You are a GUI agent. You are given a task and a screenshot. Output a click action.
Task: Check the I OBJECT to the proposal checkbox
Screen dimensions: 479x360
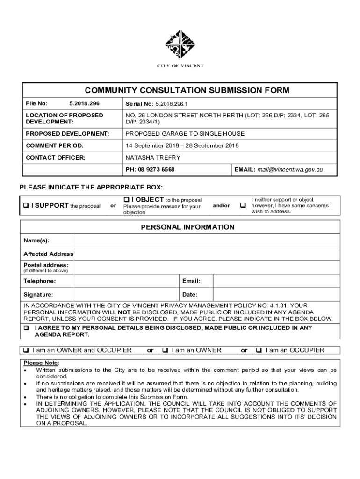[127, 200]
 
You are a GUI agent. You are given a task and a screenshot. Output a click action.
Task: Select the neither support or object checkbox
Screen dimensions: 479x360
[243, 206]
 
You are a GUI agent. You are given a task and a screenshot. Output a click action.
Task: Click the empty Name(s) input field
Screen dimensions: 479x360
[205, 240]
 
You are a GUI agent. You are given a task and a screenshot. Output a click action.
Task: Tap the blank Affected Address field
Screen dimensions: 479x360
[205, 254]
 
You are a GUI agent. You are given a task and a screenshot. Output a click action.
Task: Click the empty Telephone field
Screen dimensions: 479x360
[126, 281]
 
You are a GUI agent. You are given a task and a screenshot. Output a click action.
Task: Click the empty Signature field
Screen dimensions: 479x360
[126, 295]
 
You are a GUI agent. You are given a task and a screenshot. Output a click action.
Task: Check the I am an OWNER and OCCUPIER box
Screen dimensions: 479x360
[26, 350]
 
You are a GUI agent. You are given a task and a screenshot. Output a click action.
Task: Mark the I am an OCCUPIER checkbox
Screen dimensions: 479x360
[259, 350]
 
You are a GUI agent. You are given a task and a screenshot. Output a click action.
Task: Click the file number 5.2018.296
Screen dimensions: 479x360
[84, 103]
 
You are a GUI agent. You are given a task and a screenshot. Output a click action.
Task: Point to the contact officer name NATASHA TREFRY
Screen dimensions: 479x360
[153, 158]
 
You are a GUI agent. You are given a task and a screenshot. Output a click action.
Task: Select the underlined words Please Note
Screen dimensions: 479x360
[41, 363]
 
